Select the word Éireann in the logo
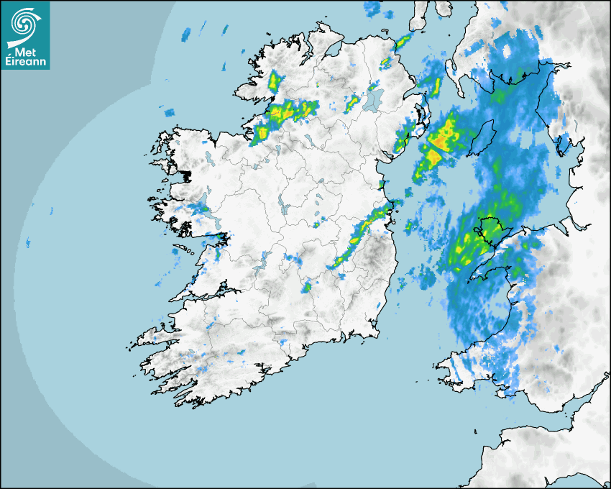(26, 62)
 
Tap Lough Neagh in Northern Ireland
(371, 100)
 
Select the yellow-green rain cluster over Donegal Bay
(288, 111)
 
